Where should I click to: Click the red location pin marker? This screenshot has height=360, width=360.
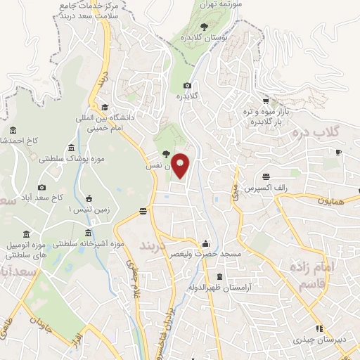click(x=181, y=166)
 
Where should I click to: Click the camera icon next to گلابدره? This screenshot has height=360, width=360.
click(x=187, y=85)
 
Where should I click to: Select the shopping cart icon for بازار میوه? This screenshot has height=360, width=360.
click(x=266, y=100)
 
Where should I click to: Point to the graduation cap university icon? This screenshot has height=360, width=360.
click(x=105, y=107)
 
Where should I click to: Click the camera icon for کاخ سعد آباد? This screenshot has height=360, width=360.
click(x=42, y=187)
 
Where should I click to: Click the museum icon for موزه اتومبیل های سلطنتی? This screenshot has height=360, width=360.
click(x=26, y=233)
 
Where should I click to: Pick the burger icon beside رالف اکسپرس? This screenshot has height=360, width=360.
click(x=266, y=177)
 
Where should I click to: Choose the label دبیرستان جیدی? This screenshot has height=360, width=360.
click(x=321, y=340)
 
